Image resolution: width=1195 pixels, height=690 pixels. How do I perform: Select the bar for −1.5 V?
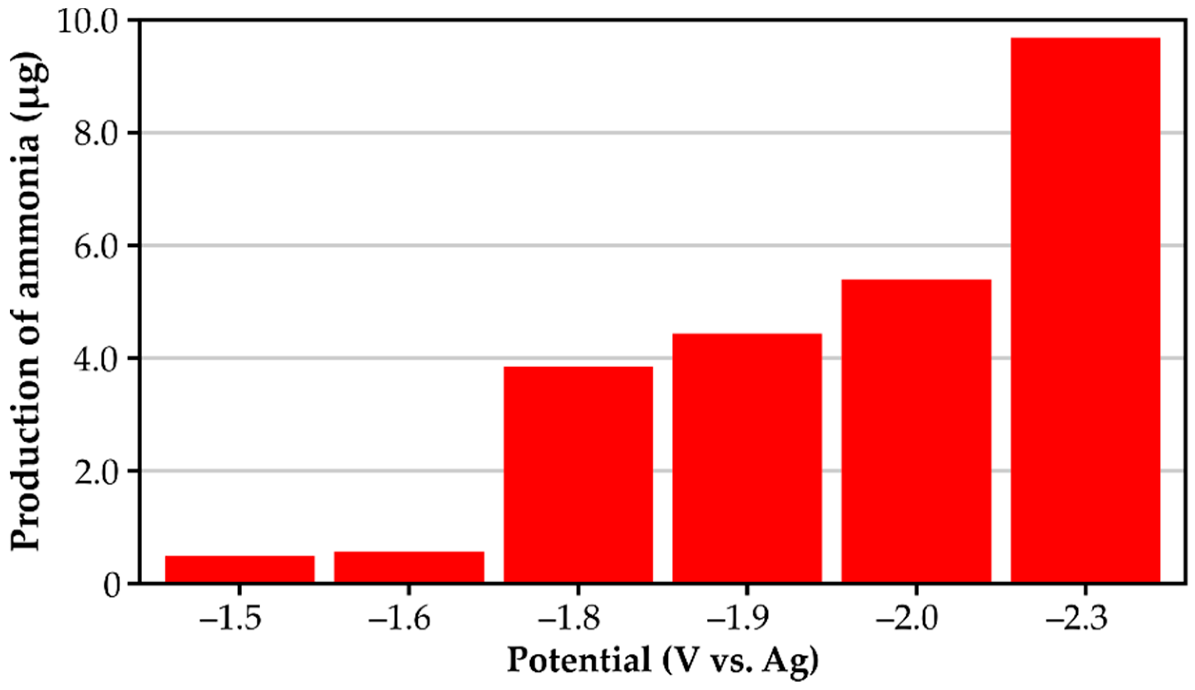tap(240, 569)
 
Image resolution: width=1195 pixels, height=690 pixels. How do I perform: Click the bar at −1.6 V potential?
tap(409, 567)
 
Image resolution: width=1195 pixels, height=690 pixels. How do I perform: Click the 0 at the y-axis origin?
tap(112, 585)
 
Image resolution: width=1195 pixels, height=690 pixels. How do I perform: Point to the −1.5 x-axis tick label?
tap(231, 618)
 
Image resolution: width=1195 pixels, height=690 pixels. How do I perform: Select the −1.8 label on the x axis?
tap(569, 618)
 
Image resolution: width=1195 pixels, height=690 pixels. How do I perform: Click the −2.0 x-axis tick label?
tap(908, 618)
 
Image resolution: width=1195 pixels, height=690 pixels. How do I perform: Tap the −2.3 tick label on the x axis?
tap(1077, 618)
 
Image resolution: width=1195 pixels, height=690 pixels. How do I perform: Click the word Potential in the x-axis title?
tap(579, 660)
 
